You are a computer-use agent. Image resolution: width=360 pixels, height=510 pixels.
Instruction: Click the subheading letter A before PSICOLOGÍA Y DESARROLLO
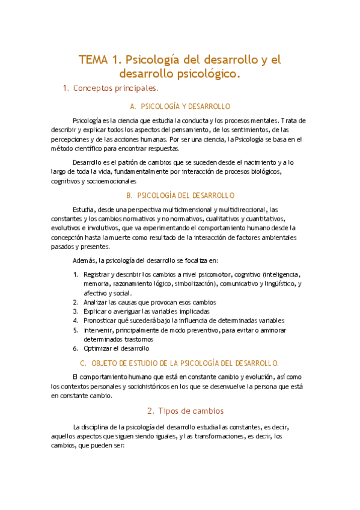[133, 106]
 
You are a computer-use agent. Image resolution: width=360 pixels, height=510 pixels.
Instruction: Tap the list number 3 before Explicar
[75, 312]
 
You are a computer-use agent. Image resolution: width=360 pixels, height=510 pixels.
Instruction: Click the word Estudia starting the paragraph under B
[83, 210]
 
